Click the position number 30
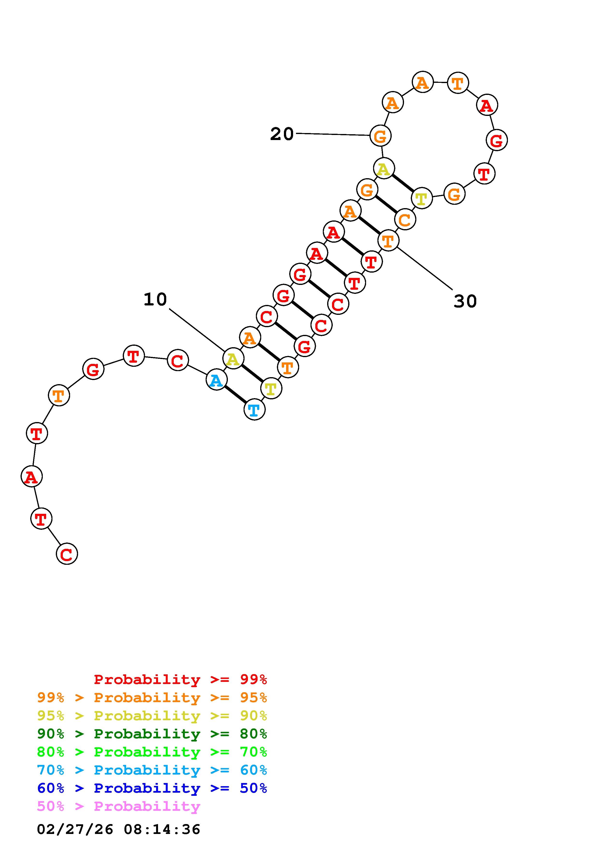pyautogui.click(x=465, y=301)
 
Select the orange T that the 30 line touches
pyautogui.click(x=388, y=240)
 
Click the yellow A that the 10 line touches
pyautogui.click(x=233, y=358)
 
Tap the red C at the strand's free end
pyautogui.click(x=67, y=554)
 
